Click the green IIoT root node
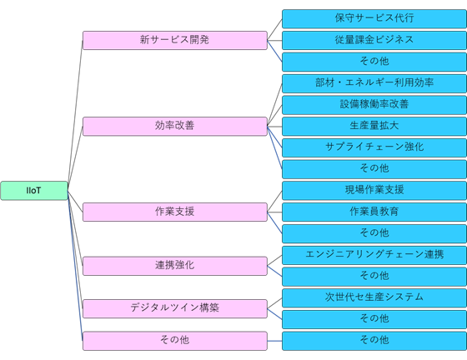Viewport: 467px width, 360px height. (x=34, y=190)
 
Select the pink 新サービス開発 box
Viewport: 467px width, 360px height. (x=175, y=40)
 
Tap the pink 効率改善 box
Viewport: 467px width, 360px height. (x=175, y=126)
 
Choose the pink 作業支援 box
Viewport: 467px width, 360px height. (x=175, y=212)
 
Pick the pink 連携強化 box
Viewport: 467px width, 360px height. (x=175, y=266)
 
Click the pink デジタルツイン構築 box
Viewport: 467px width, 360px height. (x=175, y=308)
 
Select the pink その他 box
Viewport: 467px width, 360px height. (x=175, y=341)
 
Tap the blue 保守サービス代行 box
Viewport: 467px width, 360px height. (x=374, y=18)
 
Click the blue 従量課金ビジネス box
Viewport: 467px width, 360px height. (x=374, y=40)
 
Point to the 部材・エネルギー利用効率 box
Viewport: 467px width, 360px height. (x=374, y=83)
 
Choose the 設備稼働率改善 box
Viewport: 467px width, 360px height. (x=374, y=105)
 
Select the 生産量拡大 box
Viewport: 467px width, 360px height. (x=374, y=126)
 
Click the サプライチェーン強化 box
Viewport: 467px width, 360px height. (x=374, y=147)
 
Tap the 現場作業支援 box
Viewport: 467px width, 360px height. (x=374, y=190)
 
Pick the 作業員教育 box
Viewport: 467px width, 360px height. (x=374, y=212)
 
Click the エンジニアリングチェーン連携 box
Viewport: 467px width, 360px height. (x=374, y=255)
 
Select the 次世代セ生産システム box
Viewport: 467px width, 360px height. (x=374, y=297)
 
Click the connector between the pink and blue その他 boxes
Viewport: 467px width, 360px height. (x=274, y=341)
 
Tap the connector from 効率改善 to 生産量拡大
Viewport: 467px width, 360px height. (x=274, y=127)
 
